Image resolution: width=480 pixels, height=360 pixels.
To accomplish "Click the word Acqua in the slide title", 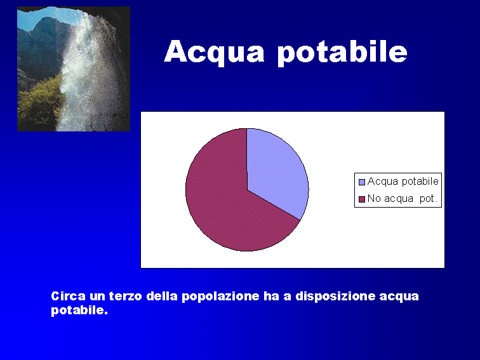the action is click(x=214, y=53).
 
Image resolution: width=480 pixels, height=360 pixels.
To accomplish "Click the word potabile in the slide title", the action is click(x=342, y=53).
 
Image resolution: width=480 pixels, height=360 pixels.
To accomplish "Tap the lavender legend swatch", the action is click(x=362, y=182).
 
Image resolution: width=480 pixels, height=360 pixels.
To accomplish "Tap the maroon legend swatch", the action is click(x=362, y=199).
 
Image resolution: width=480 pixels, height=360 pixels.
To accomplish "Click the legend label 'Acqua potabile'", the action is click(x=403, y=182).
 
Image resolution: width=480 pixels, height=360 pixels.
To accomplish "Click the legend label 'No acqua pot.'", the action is click(x=403, y=199).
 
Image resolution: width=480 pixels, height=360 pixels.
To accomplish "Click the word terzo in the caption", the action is click(x=126, y=297).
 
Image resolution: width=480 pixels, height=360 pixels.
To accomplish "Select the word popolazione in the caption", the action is click(x=220, y=297).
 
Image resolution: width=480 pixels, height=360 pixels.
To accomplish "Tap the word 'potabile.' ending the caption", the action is click(x=79, y=310).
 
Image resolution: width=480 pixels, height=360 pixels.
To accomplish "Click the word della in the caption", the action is click(x=162, y=296).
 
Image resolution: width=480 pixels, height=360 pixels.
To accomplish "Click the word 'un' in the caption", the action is click(x=97, y=297).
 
